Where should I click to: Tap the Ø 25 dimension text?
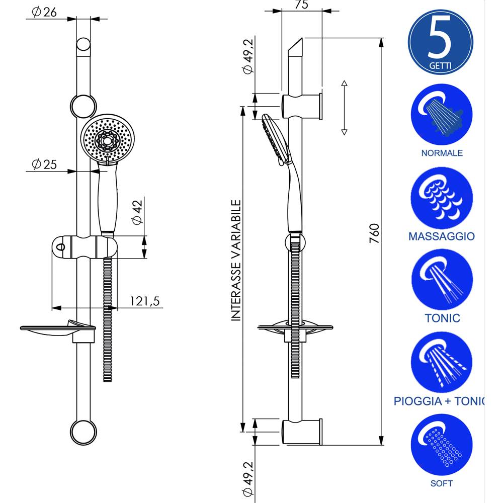pyautogui.click(x=44, y=164)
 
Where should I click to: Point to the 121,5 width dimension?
pyautogui.click(x=144, y=301)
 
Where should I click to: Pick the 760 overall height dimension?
pyautogui.click(x=373, y=233)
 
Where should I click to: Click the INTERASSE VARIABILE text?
pyautogui.click(x=236, y=260)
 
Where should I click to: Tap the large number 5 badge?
pyautogui.click(x=441, y=41)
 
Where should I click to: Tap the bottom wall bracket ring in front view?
pyautogui.click(x=83, y=432)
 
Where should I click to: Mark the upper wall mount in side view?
pyautogui.click(x=302, y=106)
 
